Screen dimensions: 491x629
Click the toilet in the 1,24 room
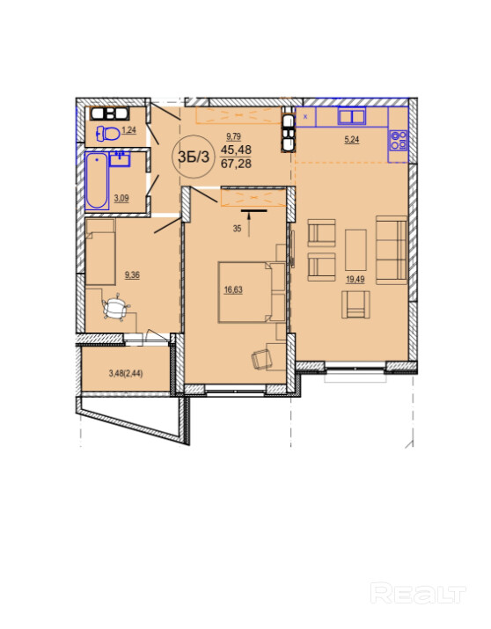108,133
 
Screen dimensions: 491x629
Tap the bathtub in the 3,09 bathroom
97,180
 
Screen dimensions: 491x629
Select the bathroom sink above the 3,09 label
120,159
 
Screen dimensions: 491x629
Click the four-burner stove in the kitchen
399,140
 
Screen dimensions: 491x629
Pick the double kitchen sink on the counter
351,116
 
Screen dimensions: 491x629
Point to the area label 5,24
351,140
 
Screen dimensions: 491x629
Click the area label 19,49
355,279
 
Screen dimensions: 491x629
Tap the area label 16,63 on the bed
233,289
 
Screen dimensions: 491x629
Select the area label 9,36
132,275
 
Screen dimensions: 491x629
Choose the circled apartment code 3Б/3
194,157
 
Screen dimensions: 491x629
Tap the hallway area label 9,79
233,136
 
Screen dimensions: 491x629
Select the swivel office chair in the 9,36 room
115,307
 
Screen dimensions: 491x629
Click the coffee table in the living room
355,250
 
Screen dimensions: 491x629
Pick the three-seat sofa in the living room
392,250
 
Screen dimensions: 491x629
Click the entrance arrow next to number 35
250,224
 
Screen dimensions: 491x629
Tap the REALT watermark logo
418,594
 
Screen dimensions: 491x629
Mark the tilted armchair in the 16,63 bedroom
260,358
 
